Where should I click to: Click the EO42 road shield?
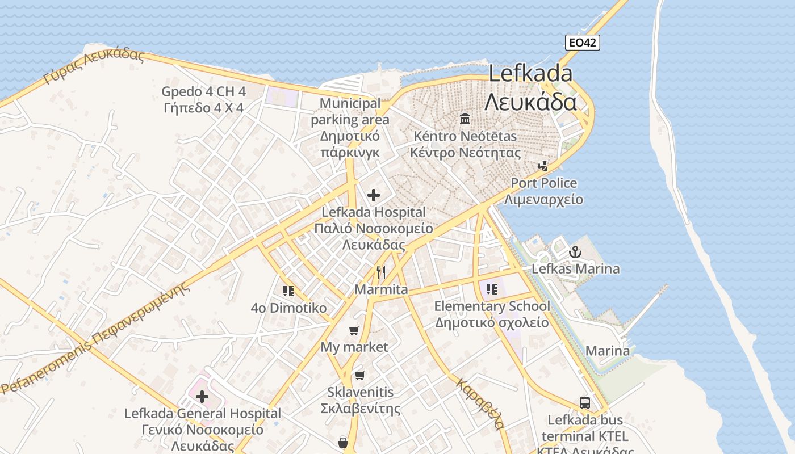point(583,43)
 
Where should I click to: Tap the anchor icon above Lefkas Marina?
point(575,251)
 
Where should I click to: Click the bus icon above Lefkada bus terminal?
point(585,403)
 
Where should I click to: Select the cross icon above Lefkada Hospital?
point(373,195)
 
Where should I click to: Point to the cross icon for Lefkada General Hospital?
point(202,397)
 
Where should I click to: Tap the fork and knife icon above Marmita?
point(381,272)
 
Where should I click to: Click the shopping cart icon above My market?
point(354,330)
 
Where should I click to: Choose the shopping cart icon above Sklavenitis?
point(360,375)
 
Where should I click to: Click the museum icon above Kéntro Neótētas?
point(465,119)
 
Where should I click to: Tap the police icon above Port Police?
point(543,166)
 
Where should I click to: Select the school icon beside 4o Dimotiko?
point(288,291)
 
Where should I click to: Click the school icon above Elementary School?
point(492,289)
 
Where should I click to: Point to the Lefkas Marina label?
point(575,268)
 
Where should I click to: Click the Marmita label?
point(381,289)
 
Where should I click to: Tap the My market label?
point(354,347)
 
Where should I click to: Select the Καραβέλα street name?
point(479,403)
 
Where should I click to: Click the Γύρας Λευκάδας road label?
point(94,66)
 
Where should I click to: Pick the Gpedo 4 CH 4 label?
point(203,91)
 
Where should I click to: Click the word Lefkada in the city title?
point(530,74)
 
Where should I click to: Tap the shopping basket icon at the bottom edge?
point(343,442)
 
